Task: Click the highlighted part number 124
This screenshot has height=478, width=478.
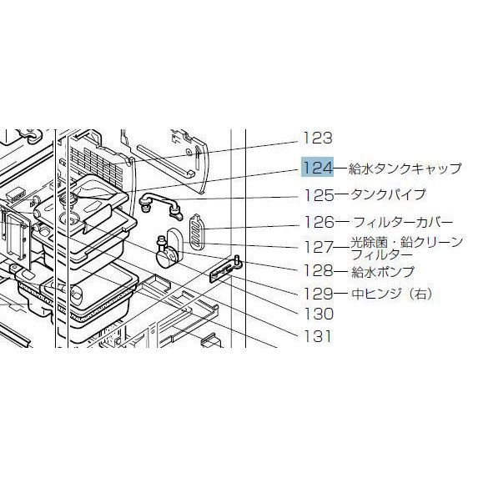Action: click(x=317, y=168)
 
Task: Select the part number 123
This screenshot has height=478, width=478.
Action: click(x=317, y=138)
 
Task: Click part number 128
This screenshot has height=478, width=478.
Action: click(x=319, y=270)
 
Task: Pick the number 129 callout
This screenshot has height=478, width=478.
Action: click(x=319, y=294)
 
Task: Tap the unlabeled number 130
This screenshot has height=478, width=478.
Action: click(x=319, y=314)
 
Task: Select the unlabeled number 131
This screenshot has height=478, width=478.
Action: click(x=318, y=336)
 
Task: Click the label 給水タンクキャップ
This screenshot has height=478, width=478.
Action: click(x=405, y=168)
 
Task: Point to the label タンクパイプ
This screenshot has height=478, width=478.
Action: click(x=388, y=194)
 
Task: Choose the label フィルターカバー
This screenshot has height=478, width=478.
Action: click(x=403, y=223)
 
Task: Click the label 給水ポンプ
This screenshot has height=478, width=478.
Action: click(x=383, y=272)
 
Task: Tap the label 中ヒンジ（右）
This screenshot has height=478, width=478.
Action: click(x=392, y=294)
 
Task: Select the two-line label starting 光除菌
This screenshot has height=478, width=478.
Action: click(x=407, y=248)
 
